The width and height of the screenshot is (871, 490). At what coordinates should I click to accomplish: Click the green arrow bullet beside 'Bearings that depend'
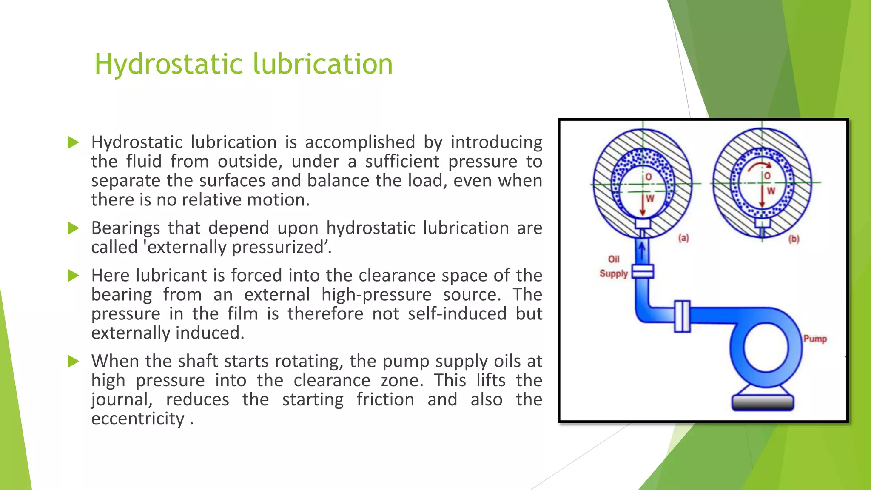point(74,228)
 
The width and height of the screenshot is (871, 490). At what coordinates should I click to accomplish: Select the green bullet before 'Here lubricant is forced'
point(74,276)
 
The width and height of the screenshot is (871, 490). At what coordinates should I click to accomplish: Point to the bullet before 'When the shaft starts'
point(74,362)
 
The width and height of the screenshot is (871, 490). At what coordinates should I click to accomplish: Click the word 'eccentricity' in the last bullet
point(138,419)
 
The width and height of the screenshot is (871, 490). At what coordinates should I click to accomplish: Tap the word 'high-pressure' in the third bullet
point(376,295)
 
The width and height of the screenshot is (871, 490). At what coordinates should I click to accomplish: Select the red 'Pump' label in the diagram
point(815,339)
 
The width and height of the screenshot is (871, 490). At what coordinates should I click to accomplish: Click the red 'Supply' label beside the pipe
point(613,273)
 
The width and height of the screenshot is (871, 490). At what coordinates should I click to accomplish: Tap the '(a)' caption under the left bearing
point(683,238)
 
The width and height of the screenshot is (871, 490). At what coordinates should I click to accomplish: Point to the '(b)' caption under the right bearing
point(794,239)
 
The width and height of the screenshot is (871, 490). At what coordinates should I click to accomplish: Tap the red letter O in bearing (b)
point(767,176)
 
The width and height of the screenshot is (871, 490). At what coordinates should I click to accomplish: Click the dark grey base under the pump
point(763,402)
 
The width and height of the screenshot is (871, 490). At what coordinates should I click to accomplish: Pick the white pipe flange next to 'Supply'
point(643,271)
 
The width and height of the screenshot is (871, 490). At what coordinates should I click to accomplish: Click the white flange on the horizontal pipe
point(682,316)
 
